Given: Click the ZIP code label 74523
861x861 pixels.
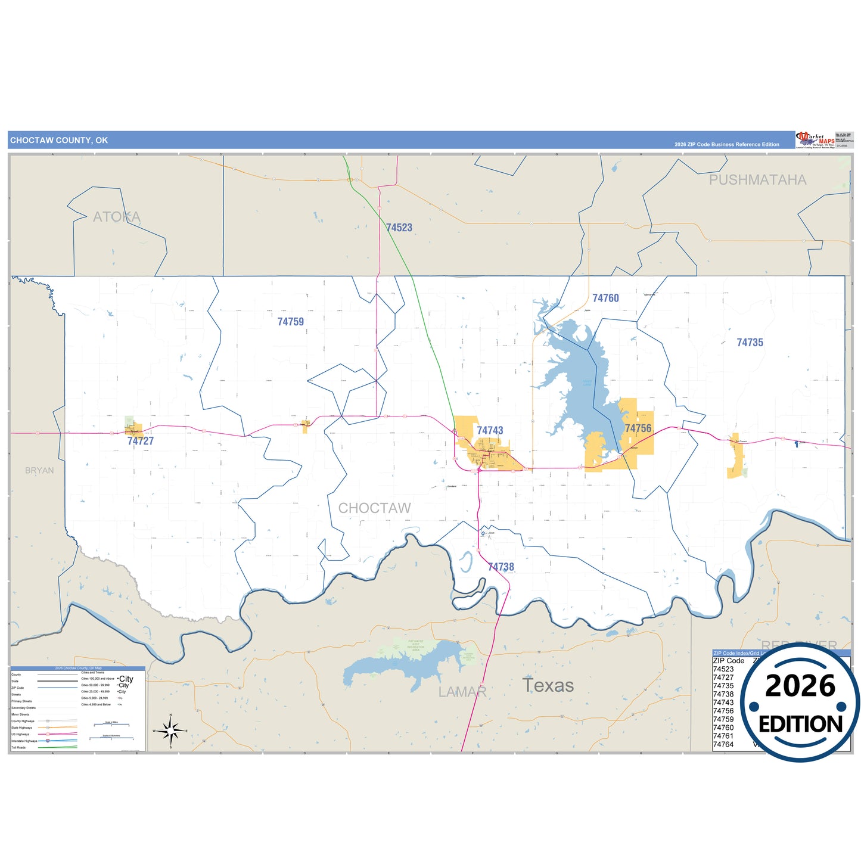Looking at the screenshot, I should click(399, 228).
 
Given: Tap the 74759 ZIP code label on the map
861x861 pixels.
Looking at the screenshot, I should click(290, 322).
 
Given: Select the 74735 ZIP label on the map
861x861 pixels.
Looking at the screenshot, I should click(750, 343).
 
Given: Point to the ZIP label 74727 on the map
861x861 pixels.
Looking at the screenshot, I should click(140, 441).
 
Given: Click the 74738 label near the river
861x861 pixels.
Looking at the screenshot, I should click(501, 567).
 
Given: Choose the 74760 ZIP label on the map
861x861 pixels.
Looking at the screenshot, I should click(605, 298).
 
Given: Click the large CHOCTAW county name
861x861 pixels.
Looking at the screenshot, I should click(374, 508).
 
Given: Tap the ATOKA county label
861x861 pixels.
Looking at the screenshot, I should click(117, 217).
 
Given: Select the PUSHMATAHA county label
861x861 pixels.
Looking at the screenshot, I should click(757, 180).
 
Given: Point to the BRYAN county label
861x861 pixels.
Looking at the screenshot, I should click(39, 471).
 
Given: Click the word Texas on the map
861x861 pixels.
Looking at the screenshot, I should click(548, 686).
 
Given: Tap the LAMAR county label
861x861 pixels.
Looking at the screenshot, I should click(462, 692).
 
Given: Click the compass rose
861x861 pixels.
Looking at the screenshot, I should click(170, 730).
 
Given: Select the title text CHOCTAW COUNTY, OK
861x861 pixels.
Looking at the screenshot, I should click(59, 141).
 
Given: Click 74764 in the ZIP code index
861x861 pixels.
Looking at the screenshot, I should click(723, 744).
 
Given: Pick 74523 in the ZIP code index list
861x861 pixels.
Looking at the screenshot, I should click(723, 669).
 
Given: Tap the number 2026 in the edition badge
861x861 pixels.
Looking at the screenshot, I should click(800, 686).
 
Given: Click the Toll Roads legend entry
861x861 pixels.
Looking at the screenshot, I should click(18, 747).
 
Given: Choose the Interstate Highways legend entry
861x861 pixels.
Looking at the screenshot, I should click(24, 741).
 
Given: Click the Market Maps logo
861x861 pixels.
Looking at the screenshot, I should click(815, 140).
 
